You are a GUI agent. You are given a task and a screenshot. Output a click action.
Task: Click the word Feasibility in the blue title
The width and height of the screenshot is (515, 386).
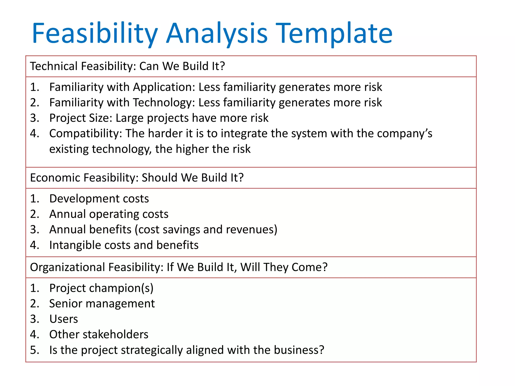click(x=95, y=33)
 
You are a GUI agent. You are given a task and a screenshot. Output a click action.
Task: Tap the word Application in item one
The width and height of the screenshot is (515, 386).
click(x=164, y=87)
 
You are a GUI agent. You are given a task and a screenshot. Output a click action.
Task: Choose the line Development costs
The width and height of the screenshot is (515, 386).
click(x=99, y=199)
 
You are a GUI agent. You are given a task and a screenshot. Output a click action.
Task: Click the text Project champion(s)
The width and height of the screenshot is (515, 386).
click(x=101, y=288)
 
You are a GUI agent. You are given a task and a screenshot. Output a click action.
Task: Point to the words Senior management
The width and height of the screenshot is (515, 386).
click(x=102, y=304)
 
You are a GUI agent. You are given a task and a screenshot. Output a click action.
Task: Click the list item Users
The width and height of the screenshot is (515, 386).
click(x=64, y=319)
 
